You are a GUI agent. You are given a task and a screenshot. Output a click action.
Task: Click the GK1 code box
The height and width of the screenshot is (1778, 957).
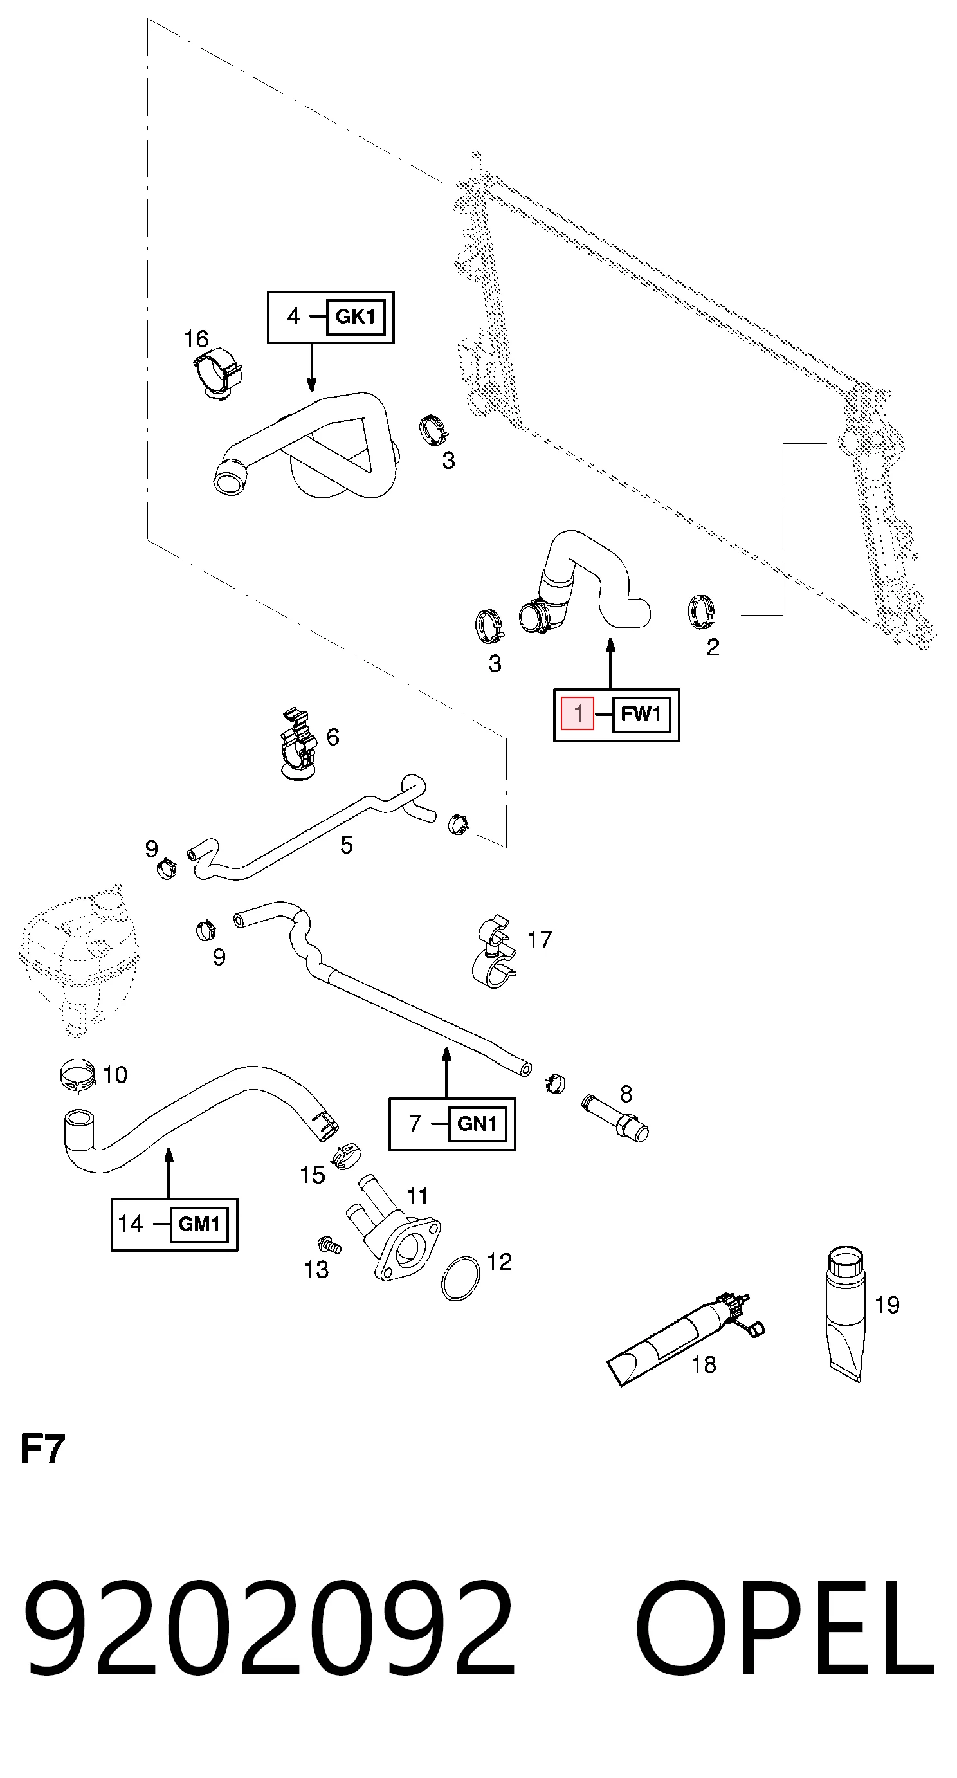point(356,316)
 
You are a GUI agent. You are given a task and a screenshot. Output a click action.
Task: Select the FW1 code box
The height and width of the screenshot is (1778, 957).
point(641,715)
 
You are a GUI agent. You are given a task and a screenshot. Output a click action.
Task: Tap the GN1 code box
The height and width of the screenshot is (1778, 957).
point(477,1124)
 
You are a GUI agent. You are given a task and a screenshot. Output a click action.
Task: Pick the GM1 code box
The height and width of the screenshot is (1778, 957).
point(199,1224)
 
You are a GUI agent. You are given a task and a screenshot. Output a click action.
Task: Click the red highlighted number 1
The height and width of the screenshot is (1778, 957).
point(578,713)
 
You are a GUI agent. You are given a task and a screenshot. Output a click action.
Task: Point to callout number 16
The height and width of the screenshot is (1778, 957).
point(196,339)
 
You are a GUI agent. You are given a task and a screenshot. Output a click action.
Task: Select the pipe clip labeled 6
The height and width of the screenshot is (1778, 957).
point(300,744)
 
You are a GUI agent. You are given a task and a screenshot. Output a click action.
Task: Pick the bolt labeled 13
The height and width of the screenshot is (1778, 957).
point(329,1246)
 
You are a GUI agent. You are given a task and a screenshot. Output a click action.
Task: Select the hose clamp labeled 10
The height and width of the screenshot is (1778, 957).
point(77,1076)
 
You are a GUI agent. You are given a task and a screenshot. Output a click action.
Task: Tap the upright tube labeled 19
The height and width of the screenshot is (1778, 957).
point(845,1314)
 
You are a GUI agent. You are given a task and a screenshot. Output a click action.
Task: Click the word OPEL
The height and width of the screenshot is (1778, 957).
point(784,1629)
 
